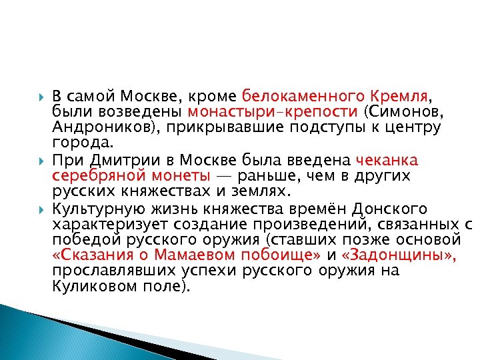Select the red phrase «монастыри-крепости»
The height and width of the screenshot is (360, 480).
(x=273, y=110)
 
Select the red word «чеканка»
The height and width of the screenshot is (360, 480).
(x=387, y=160)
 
